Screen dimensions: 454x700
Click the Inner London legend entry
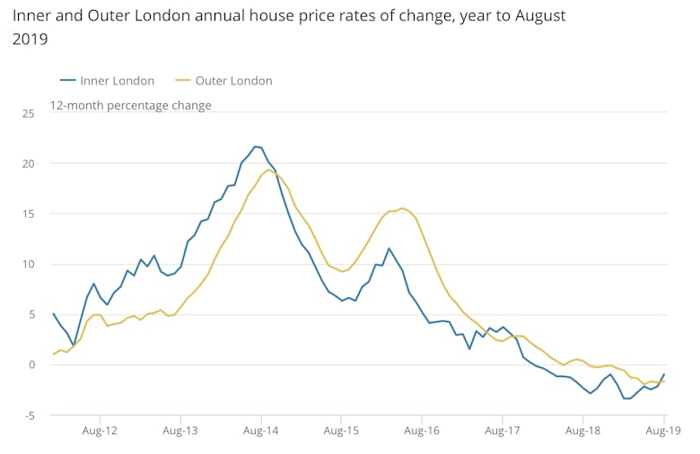[x=109, y=81]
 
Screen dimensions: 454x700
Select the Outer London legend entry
[x=223, y=81]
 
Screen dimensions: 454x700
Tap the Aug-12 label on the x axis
[x=101, y=432]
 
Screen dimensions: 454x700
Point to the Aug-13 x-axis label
[x=181, y=432]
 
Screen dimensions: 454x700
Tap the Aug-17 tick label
[x=502, y=432]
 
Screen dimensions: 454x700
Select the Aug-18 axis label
[x=582, y=432]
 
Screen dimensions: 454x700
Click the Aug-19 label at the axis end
[x=662, y=432]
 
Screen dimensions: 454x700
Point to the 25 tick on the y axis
[x=28, y=113]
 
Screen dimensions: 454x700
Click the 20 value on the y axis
[x=28, y=163]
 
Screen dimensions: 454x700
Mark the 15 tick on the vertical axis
[x=28, y=214]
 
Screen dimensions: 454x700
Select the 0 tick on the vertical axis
[x=31, y=364]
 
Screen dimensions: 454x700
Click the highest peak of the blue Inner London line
[x=255, y=146]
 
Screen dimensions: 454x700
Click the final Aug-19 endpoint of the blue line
[x=664, y=374]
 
